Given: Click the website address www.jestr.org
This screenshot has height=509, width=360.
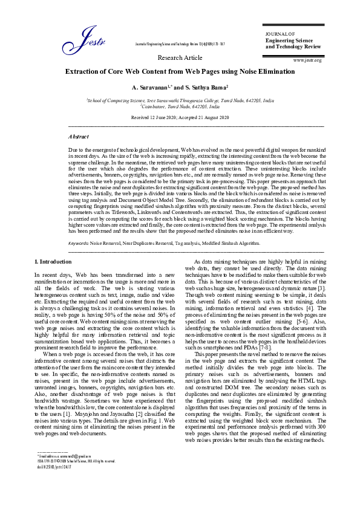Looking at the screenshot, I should point(307,60).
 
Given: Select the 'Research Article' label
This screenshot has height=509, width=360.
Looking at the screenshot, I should point(180,57).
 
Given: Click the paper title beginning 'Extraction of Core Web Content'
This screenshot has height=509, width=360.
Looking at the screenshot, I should point(180,71).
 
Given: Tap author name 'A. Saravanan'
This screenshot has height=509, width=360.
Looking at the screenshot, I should point(151,88).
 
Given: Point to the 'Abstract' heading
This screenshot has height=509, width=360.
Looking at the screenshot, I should point(79,137).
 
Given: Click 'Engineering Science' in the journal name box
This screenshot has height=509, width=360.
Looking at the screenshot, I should point(288,40).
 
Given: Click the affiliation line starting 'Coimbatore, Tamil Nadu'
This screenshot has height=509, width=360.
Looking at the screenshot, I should point(180,105).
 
